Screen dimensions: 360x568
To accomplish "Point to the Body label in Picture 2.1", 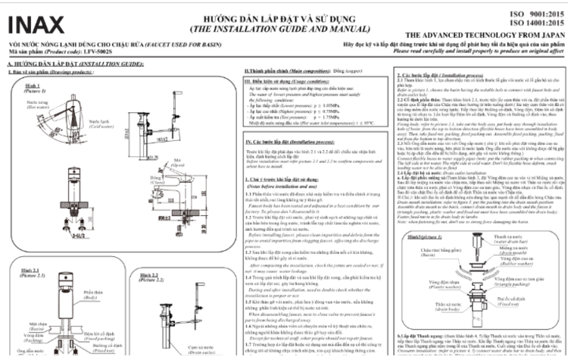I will [92, 295].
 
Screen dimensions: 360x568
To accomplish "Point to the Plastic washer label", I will [424, 289].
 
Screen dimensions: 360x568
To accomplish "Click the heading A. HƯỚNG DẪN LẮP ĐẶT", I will [76, 66].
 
